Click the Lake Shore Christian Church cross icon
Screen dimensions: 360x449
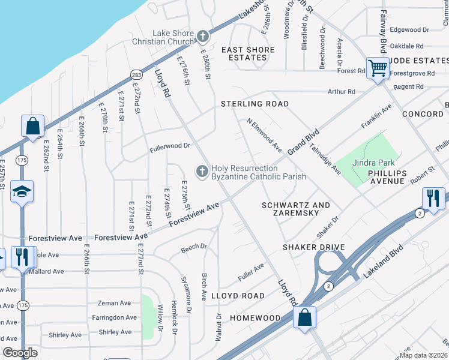[x=203, y=37]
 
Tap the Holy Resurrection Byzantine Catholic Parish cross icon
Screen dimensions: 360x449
[x=203, y=172]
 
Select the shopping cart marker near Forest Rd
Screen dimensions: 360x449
[x=377, y=68]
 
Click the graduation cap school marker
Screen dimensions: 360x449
[x=22, y=192]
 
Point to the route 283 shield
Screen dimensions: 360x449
[x=136, y=74]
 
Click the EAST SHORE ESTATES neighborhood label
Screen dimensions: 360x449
[x=248, y=53]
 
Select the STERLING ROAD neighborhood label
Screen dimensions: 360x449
[x=255, y=104]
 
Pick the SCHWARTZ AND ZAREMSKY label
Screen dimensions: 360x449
[x=296, y=209]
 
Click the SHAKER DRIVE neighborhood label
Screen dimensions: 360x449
[x=315, y=247]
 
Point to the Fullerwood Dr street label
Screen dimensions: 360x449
[x=170, y=146]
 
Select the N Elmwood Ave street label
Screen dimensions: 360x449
[x=265, y=134]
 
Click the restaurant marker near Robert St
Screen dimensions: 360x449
[x=433, y=198]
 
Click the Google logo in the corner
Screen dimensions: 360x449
[x=20, y=353]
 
